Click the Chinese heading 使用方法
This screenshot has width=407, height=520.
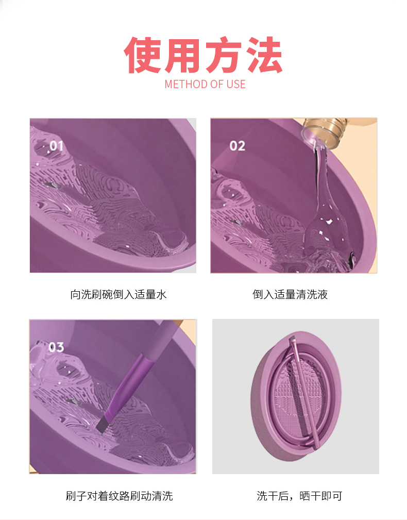click(x=203, y=55)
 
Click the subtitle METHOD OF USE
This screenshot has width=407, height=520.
click(x=205, y=84)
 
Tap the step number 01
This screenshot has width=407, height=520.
click(x=56, y=145)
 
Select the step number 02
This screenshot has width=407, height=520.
click(x=237, y=145)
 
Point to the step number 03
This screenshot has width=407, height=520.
click(x=56, y=347)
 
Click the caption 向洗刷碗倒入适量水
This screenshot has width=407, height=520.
click(x=118, y=294)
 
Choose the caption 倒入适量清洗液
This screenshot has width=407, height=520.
click(x=290, y=294)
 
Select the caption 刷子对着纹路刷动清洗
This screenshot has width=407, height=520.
click(x=120, y=496)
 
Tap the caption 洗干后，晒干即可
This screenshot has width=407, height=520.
click(x=299, y=496)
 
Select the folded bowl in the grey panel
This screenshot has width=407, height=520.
click(x=296, y=396)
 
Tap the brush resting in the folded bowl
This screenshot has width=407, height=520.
click(x=303, y=391)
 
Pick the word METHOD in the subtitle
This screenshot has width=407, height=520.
click(x=186, y=84)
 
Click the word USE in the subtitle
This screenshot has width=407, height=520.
click(x=236, y=84)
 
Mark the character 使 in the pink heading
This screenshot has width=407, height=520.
click(x=142, y=55)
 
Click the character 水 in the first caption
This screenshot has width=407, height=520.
click(x=161, y=294)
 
